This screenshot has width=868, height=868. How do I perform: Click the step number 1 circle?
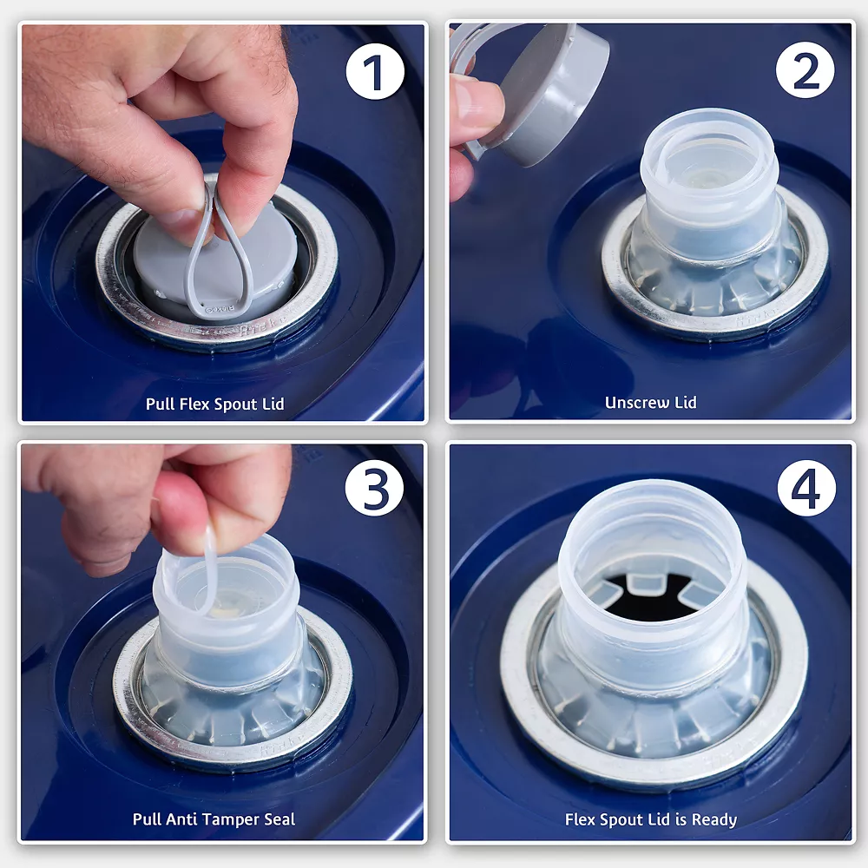click(x=375, y=72)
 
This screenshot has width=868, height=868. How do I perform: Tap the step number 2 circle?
click(x=805, y=70)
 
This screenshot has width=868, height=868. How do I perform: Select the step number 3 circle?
click(x=374, y=488)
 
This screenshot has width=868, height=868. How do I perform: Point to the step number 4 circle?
click(x=806, y=488)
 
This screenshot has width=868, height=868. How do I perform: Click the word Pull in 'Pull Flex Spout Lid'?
click(x=160, y=404)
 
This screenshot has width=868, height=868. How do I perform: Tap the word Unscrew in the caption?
click(x=636, y=403)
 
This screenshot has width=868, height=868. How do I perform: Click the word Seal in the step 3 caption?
click(x=279, y=819)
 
